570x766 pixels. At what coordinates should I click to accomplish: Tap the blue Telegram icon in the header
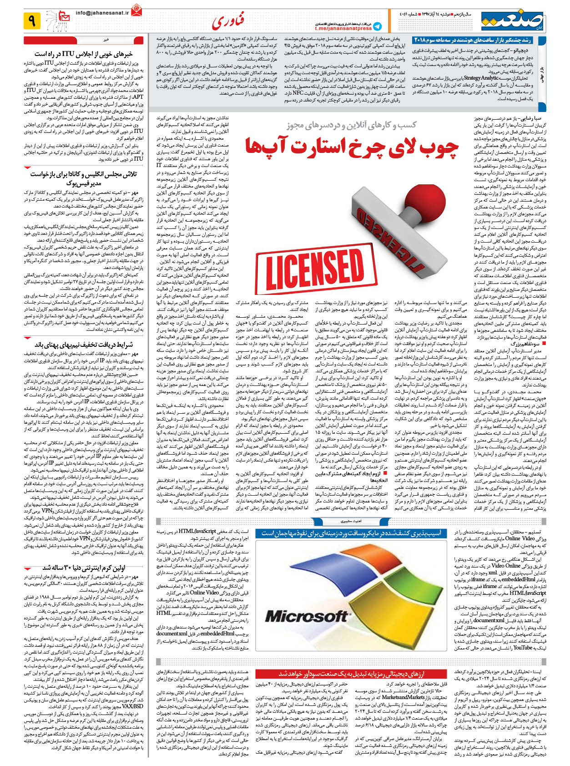coord(377,26)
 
